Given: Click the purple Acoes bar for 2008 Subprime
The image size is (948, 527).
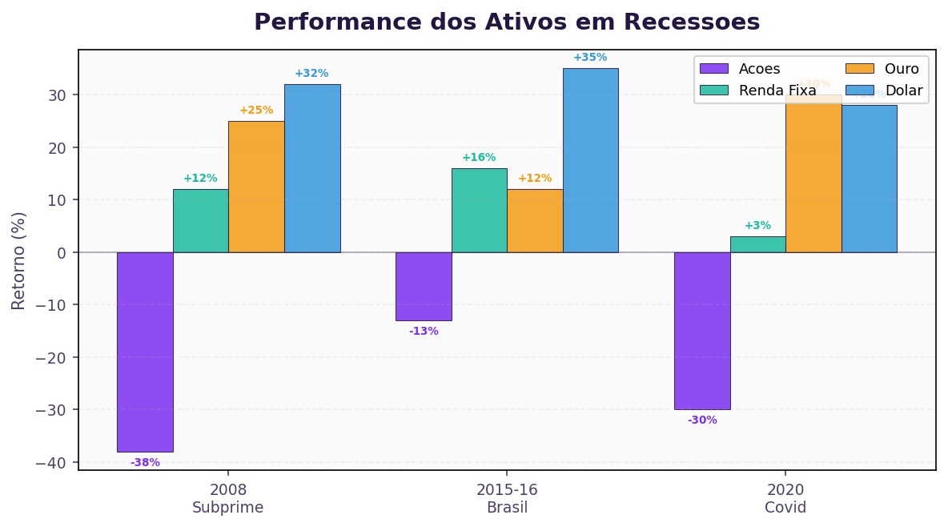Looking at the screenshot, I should pos(145,352).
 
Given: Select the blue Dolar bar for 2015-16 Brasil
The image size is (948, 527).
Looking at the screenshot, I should pos(590,160).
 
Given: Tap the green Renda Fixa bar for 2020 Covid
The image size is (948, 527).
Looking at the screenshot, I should pos(757,244).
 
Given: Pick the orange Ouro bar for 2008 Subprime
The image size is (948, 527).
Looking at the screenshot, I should pos(256,187).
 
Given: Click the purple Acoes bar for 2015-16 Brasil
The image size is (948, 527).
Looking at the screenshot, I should pos(424,286).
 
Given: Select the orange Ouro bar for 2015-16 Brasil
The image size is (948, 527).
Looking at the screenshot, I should pos(535,220).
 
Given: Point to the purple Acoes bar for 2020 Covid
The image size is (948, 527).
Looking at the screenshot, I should pos(702,330).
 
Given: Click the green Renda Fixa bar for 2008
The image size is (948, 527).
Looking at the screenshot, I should pos(200,220).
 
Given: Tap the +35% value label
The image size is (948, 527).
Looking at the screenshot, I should pos(590,58).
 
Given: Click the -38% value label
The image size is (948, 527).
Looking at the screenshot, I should pos(145,462).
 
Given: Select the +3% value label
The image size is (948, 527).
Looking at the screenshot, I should pos(757,226).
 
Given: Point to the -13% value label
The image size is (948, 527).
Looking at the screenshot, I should pos(424,331).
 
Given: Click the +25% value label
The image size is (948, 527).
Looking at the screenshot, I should pos(256,111).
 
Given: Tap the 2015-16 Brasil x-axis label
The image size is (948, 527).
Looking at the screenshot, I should pos(507,498).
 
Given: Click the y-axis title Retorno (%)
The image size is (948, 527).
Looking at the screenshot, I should pos(19,260).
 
